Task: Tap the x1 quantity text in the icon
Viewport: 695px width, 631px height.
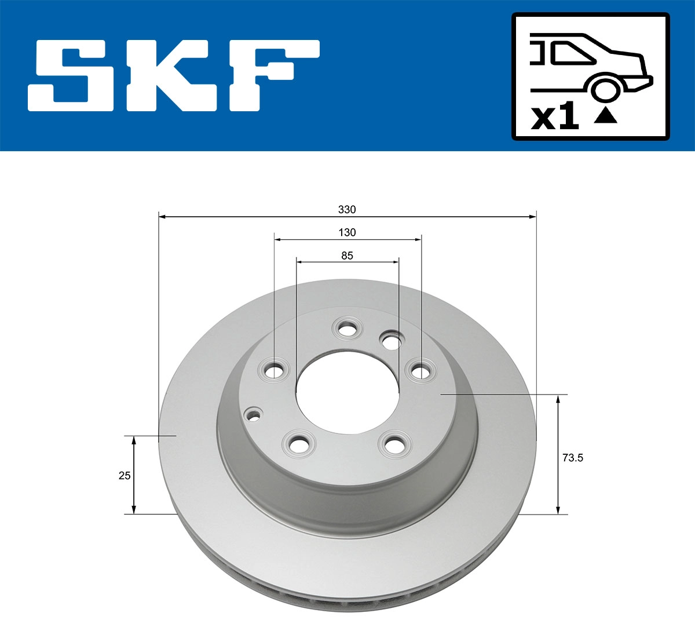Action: [x=555, y=117]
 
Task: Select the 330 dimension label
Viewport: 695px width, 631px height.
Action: [x=347, y=209]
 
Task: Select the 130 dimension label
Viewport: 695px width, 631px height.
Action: [x=347, y=232]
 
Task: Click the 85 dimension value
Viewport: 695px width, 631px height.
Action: [x=347, y=256]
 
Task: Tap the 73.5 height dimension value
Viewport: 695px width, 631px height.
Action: [x=572, y=458]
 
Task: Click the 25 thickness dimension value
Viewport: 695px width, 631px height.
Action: [x=124, y=476]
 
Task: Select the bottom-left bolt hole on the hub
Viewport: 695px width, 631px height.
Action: [x=299, y=444]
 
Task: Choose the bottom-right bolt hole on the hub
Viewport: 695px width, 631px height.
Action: [x=394, y=445]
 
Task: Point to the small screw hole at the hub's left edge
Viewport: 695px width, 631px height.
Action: [x=253, y=414]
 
